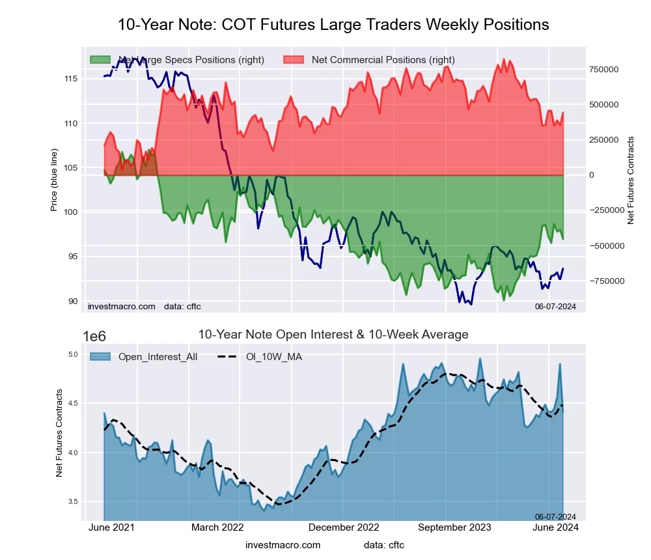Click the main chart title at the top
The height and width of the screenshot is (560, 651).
(x=333, y=25)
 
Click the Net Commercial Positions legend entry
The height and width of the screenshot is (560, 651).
(x=383, y=60)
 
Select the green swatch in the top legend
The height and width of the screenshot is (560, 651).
(x=100, y=60)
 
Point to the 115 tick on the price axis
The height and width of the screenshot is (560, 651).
(x=71, y=79)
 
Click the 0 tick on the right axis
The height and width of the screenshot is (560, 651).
(x=592, y=175)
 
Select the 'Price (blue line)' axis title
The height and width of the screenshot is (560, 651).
(x=55, y=176)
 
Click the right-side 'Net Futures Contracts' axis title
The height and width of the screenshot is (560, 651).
(x=631, y=180)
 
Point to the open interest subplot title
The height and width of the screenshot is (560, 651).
(x=333, y=335)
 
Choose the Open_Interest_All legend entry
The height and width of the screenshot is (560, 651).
(x=158, y=357)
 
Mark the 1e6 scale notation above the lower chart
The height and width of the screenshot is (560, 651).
(x=95, y=337)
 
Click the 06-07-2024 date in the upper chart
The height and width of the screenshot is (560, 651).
(x=555, y=306)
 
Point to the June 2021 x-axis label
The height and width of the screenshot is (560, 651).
(x=111, y=527)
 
